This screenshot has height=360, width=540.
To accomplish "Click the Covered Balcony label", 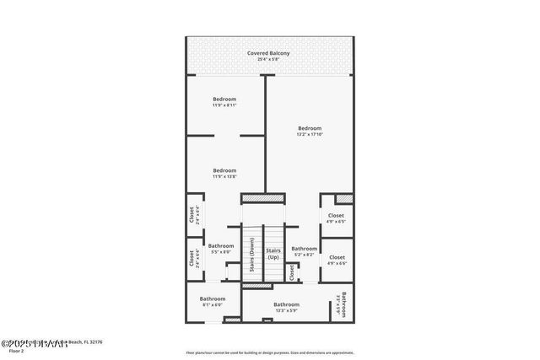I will pyautogui.click(x=268, y=53).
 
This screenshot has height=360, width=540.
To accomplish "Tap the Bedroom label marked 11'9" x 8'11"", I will pyautogui.click(x=224, y=99).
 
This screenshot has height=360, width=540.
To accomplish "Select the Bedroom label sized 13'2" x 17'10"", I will pyautogui.click(x=310, y=128).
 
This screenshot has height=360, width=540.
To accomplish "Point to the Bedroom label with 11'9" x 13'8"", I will pyautogui.click(x=224, y=170).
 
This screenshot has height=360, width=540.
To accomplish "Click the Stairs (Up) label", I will pyautogui.click(x=273, y=254).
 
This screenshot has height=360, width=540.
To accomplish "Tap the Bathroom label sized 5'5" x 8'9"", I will pyautogui.click(x=221, y=246).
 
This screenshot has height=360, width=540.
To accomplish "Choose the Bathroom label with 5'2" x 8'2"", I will pyautogui.click(x=304, y=249).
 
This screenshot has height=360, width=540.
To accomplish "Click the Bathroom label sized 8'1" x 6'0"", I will pyautogui.click(x=213, y=298).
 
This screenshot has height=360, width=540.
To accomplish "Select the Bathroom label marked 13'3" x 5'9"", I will pyautogui.click(x=286, y=304).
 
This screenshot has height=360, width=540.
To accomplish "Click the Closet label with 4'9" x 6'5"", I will pyautogui.click(x=337, y=216).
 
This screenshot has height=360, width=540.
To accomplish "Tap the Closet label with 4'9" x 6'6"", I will pyautogui.click(x=337, y=257).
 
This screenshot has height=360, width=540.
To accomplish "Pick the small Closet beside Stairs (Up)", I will pyautogui.click(x=292, y=271).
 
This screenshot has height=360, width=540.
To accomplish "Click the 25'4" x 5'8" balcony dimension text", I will pyautogui.click(x=268, y=59).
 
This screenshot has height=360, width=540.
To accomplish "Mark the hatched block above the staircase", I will pyautogui.click(x=263, y=198).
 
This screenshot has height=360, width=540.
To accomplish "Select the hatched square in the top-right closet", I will pyautogui.click(x=343, y=199).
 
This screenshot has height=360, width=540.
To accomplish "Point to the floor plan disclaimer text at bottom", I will pyautogui.click(x=269, y=352).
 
